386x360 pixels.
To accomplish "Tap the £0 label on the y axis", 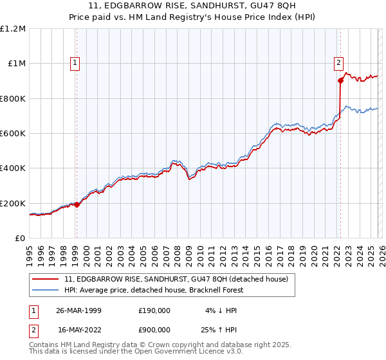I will (x=19, y=238).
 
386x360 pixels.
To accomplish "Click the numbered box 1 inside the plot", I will (x=76, y=63).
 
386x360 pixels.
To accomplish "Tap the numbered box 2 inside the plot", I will (x=338, y=63).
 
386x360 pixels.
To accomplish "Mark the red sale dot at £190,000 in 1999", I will (x=77, y=204).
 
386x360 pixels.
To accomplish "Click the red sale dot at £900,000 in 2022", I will (x=340, y=80).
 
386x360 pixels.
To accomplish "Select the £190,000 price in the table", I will (x=154, y=310).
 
